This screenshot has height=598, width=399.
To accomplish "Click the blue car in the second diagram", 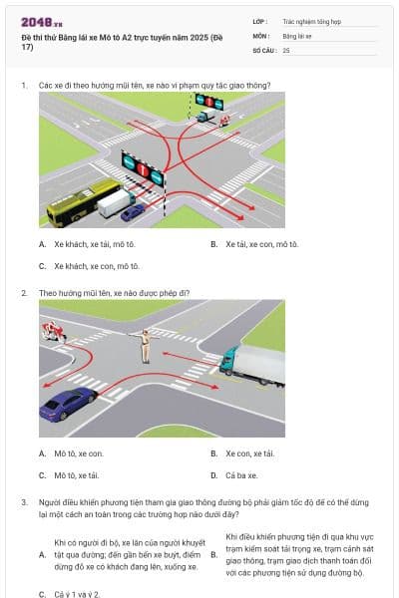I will pyautogui.click(x=68, y=405).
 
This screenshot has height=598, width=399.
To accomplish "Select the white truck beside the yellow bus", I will pyautogui.click(x=116, y=203).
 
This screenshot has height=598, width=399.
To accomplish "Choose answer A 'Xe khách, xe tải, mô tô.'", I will pyautogui.click(x=90, y=243).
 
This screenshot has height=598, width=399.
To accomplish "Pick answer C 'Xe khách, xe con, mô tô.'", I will pyautogui.click(x=90, y=266).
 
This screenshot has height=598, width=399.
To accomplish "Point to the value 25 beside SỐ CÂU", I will pyautogui.click(x=287, y=49).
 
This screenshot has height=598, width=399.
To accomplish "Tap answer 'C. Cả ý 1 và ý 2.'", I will pyautogui.click(x=76, y=593).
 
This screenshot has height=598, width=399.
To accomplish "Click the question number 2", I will pyautogui.click(x=23, y=293).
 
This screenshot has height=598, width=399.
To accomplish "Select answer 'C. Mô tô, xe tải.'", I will pyautogui.click(x=76, y=475).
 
